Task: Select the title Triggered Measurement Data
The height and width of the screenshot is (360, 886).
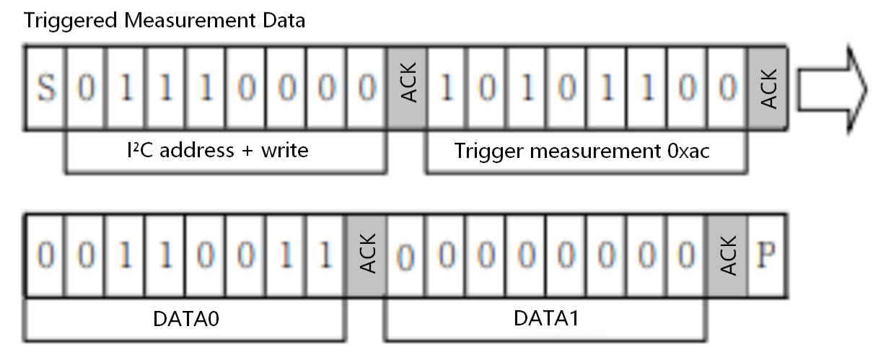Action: coord(165,20)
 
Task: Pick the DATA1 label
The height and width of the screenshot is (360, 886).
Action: coord(545,318)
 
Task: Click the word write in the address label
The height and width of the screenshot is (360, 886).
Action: coord(284,151)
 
